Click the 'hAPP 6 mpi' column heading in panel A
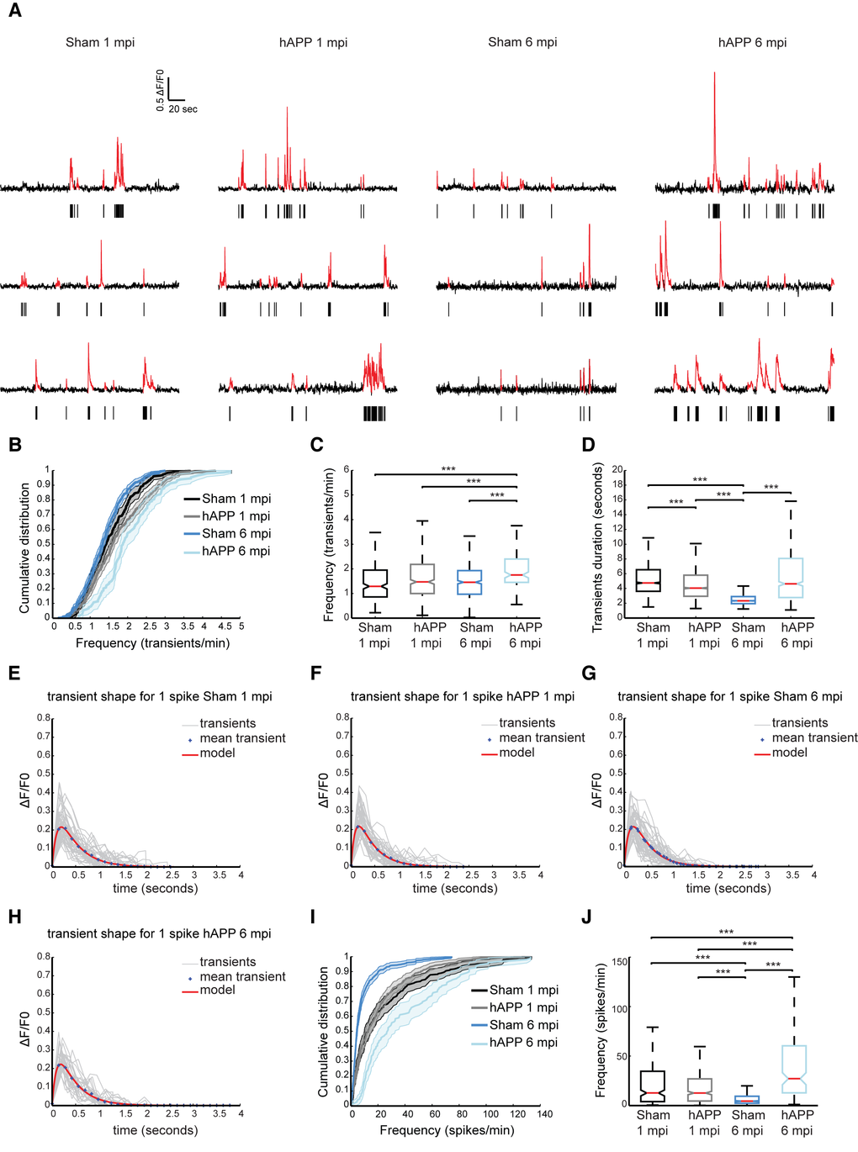click(752, 43)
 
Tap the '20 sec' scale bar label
click(183, 109)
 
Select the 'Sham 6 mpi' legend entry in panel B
click(236, 534)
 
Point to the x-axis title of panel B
click(152, 643)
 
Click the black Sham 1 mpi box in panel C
click(374, 584)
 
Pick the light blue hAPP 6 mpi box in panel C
click(525, 570)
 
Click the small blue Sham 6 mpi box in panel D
click(743, 600)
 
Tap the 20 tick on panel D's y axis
click(617, 469)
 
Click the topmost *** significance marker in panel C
click(448, 469)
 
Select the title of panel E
click(159, 696)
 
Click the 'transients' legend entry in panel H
click(227, 962)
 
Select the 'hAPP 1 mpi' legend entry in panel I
click(523, 1007)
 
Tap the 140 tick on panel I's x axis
click(545, 1114)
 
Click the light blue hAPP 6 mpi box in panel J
click(793, 1070)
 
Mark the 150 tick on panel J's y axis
click(620, 962)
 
